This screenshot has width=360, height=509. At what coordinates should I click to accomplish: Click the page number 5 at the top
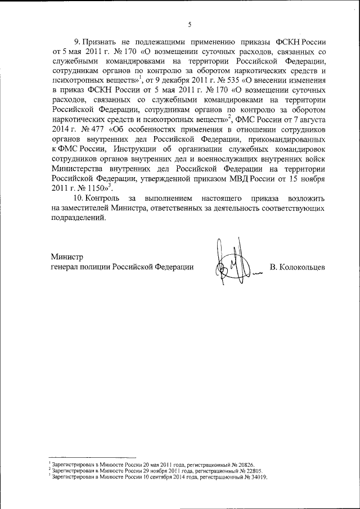190,24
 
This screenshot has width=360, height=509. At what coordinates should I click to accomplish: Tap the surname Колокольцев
297,267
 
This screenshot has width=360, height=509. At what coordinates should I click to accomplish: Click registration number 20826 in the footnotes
244,463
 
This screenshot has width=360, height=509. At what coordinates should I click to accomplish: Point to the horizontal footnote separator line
93,457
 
